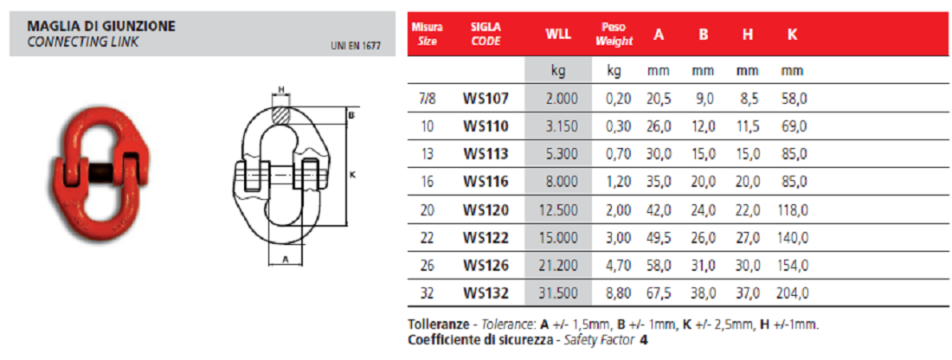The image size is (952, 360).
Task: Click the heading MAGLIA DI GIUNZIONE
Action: click(x=102, y=26)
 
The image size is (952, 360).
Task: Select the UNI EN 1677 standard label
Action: click(x=356, y=46)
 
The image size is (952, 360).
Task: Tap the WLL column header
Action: click(x=558, y=35)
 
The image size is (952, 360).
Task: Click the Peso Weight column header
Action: click(x=614, y=35)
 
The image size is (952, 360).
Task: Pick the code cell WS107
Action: click(x=486, y=98)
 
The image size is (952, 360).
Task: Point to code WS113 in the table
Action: click(x=486, y=154)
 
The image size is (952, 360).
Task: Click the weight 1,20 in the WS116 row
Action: click(x=619, y=183)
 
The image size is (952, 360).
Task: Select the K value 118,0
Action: click(x=792, y=210)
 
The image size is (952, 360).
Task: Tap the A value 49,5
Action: click(x=659, y=239)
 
